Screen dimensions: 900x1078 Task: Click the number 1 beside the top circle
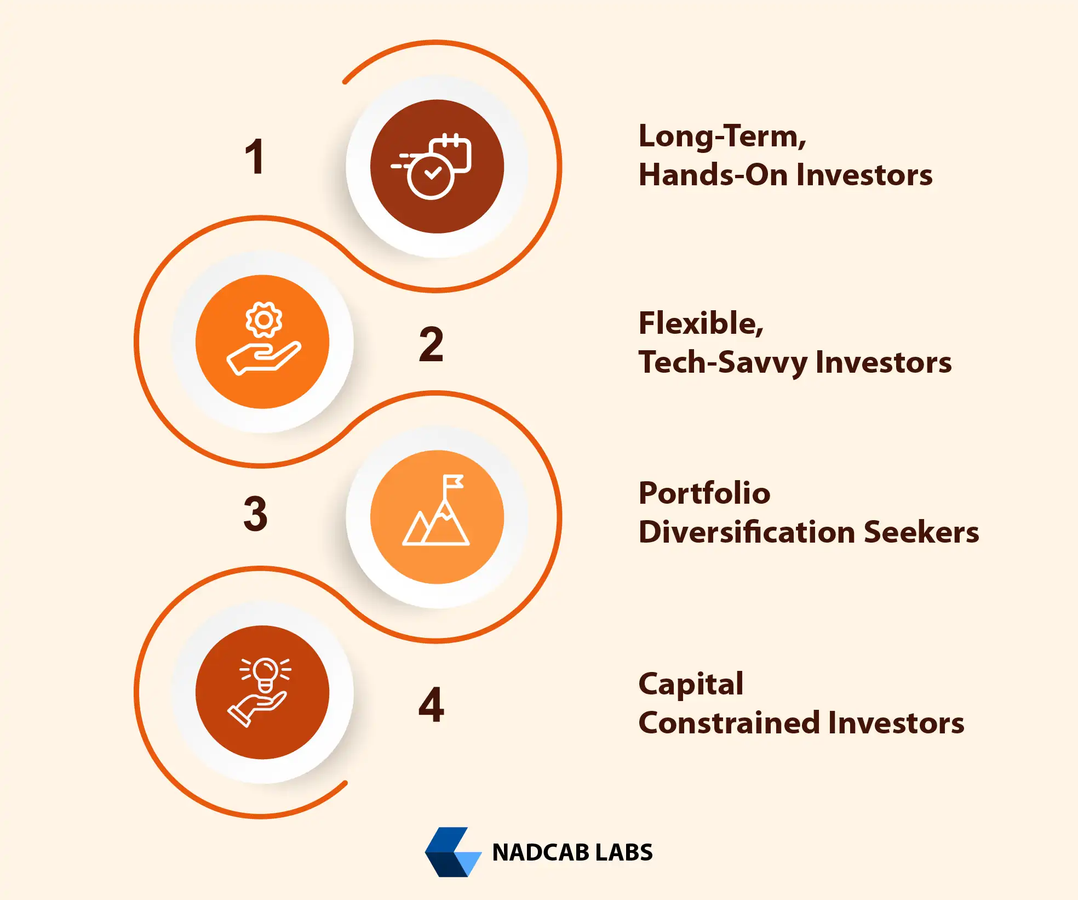(255, 157)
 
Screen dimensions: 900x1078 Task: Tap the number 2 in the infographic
(431, 344)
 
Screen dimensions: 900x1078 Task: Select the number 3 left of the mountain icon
(255, 514)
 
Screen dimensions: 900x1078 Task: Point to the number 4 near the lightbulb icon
(431, 705)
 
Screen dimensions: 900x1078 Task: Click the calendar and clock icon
(432, 166)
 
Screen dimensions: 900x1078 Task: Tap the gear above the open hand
(263, 320)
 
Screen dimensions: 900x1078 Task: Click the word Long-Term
(721, 136)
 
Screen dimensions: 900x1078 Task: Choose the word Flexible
(700, 323)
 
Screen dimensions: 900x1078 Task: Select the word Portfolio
(704, 493)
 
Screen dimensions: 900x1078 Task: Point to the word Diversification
(747, 532)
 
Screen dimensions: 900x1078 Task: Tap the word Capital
(691, 685)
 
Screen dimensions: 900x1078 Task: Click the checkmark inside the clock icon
(433, 174)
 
